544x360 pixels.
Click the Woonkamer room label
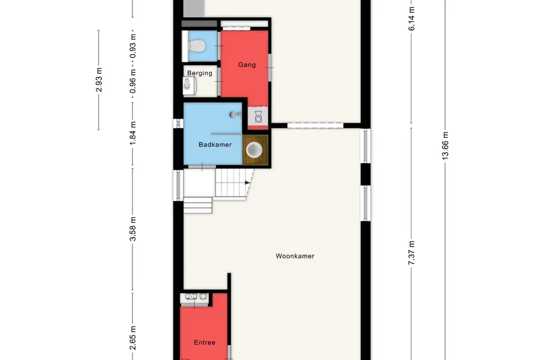click(295, 256)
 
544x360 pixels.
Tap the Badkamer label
click(215, 145)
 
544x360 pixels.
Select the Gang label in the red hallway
click(247, 65)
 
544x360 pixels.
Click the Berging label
click(200, 73)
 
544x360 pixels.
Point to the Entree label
click(205, 343)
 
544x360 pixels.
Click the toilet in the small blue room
click(196, 46)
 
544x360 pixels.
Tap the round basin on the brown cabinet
click(254, 150)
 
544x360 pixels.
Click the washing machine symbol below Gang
click(258, 117)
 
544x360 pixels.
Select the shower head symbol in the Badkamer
click(235, 114)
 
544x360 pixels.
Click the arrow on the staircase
click(248, 183)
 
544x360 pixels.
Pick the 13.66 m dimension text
click(446, 146)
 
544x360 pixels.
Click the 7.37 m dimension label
click(412, 253)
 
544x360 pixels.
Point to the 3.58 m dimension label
click(132, 229)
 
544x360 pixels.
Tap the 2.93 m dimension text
click(99, 80)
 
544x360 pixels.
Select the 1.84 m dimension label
click(132, 133)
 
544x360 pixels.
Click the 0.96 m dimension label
click(132, 81)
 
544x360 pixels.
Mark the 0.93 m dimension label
click(132, 47)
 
